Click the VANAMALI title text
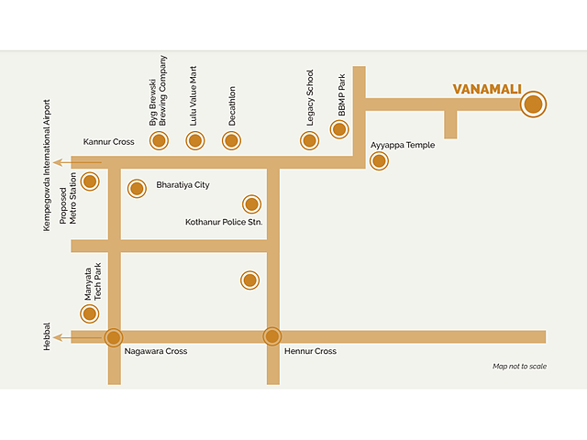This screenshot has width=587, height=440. point(487,89)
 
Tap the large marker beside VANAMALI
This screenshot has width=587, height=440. point(533,104)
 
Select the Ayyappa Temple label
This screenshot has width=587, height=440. point(403,145)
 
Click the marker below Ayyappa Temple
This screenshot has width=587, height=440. point(379,161)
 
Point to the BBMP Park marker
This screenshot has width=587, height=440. point(339,129)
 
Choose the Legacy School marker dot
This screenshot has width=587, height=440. point(309,140)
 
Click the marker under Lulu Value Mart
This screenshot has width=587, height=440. point(194,140)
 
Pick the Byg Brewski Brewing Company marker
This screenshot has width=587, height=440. point(159,140)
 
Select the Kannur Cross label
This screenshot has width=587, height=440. point(108,142)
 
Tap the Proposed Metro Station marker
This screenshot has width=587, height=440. point(90,181)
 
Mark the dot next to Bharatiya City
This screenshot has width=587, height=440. point(137,189)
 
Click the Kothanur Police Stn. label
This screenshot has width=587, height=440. point(224,222)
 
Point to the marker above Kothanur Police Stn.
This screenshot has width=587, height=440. point(251,203)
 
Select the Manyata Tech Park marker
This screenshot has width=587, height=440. point(90,314)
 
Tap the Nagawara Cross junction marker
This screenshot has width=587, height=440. point(114,336)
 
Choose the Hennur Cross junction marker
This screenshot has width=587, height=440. point(271,336)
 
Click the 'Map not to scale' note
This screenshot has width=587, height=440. point(519,367)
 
